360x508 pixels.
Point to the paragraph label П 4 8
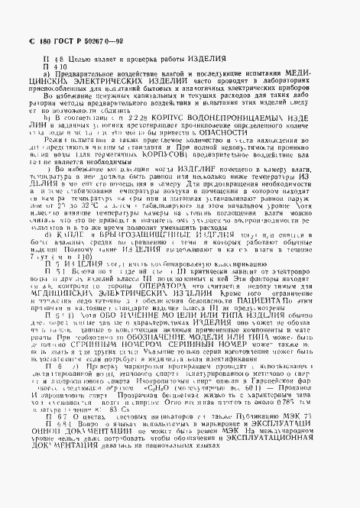click(x=55, y=59)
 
